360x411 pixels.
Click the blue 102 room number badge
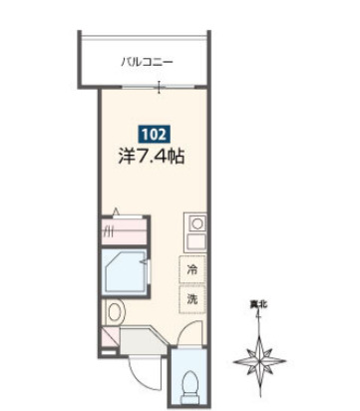click(154, 133)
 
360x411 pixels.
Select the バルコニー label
click(147, 62)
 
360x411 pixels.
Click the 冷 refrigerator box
click(189, 268)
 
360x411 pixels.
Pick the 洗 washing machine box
click(189, 297)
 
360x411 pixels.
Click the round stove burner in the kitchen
click(197, 223)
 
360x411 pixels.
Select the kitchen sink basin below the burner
click(197, 243)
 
